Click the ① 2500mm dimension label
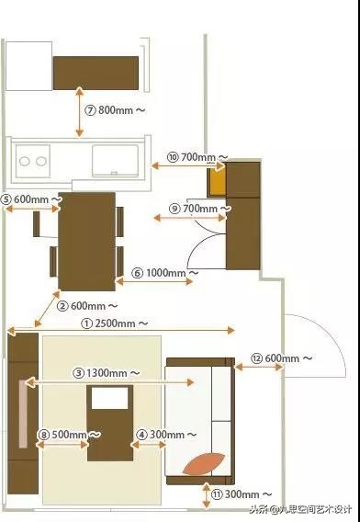[x=115, y=323]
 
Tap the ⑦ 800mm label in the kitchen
[x=115, y=110]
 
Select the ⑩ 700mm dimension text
[x=197, y=157]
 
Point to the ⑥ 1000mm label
[x=164, y=273]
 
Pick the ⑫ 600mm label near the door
[x=281, y=358]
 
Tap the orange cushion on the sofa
[x=204, y=464]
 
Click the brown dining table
[x=87, y=242]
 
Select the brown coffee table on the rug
[x=110, y=423]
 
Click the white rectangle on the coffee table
[x=110, y=398]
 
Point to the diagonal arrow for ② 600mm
[x=47, y=309]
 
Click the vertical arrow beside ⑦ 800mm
[x=79, y=111]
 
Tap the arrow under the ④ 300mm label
[x=149, y=445]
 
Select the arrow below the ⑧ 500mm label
[x=62, y=445]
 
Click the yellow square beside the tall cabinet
[x=217, y=183]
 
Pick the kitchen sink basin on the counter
[x=115, y=160]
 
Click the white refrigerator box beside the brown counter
[x=28, y=66]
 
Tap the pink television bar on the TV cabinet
[x=23, y=414]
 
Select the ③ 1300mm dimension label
[x=107, y=373]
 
